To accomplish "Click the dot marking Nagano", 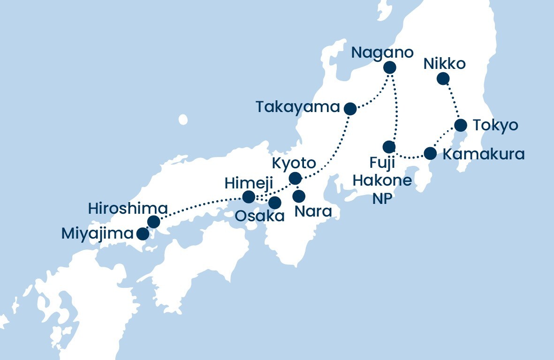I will pyautogui.click(x=389, y=67).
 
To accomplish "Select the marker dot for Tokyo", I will pyautogui.click(x=461, y=125).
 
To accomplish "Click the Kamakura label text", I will pyautogui.click(x=483, y=154).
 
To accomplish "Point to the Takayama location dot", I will pyautogui.click(x=350, y=109).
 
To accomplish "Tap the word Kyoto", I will pyautogui.click(x=294, y=164).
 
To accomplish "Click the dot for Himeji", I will pyautogui.click(x=249, y=196).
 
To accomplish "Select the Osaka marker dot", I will pyautogui.click(x=274, y=202).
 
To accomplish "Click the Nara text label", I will pyautogui.click(x=313, y=212).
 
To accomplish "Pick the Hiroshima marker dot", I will pyautogui.click(x=153, y=222).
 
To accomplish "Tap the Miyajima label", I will pyautogui.click(x=98, y=233).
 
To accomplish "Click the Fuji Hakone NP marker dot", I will pyautogui.click(x=389, y=147).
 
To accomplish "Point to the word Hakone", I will pyautogui.click(x=382, y=180).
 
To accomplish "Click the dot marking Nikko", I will pyautogui.click(x=442, y=79).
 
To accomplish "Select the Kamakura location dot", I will pyautogui.click(x=430, y=153).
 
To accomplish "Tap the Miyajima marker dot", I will pyautogui.click(x=142, y=233).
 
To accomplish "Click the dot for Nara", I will pyautogui.click(x=299, y=195).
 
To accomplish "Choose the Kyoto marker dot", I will pyautogui.click(x=295, y=179).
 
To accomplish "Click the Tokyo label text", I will pyautogui.click(x=495, y=126).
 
